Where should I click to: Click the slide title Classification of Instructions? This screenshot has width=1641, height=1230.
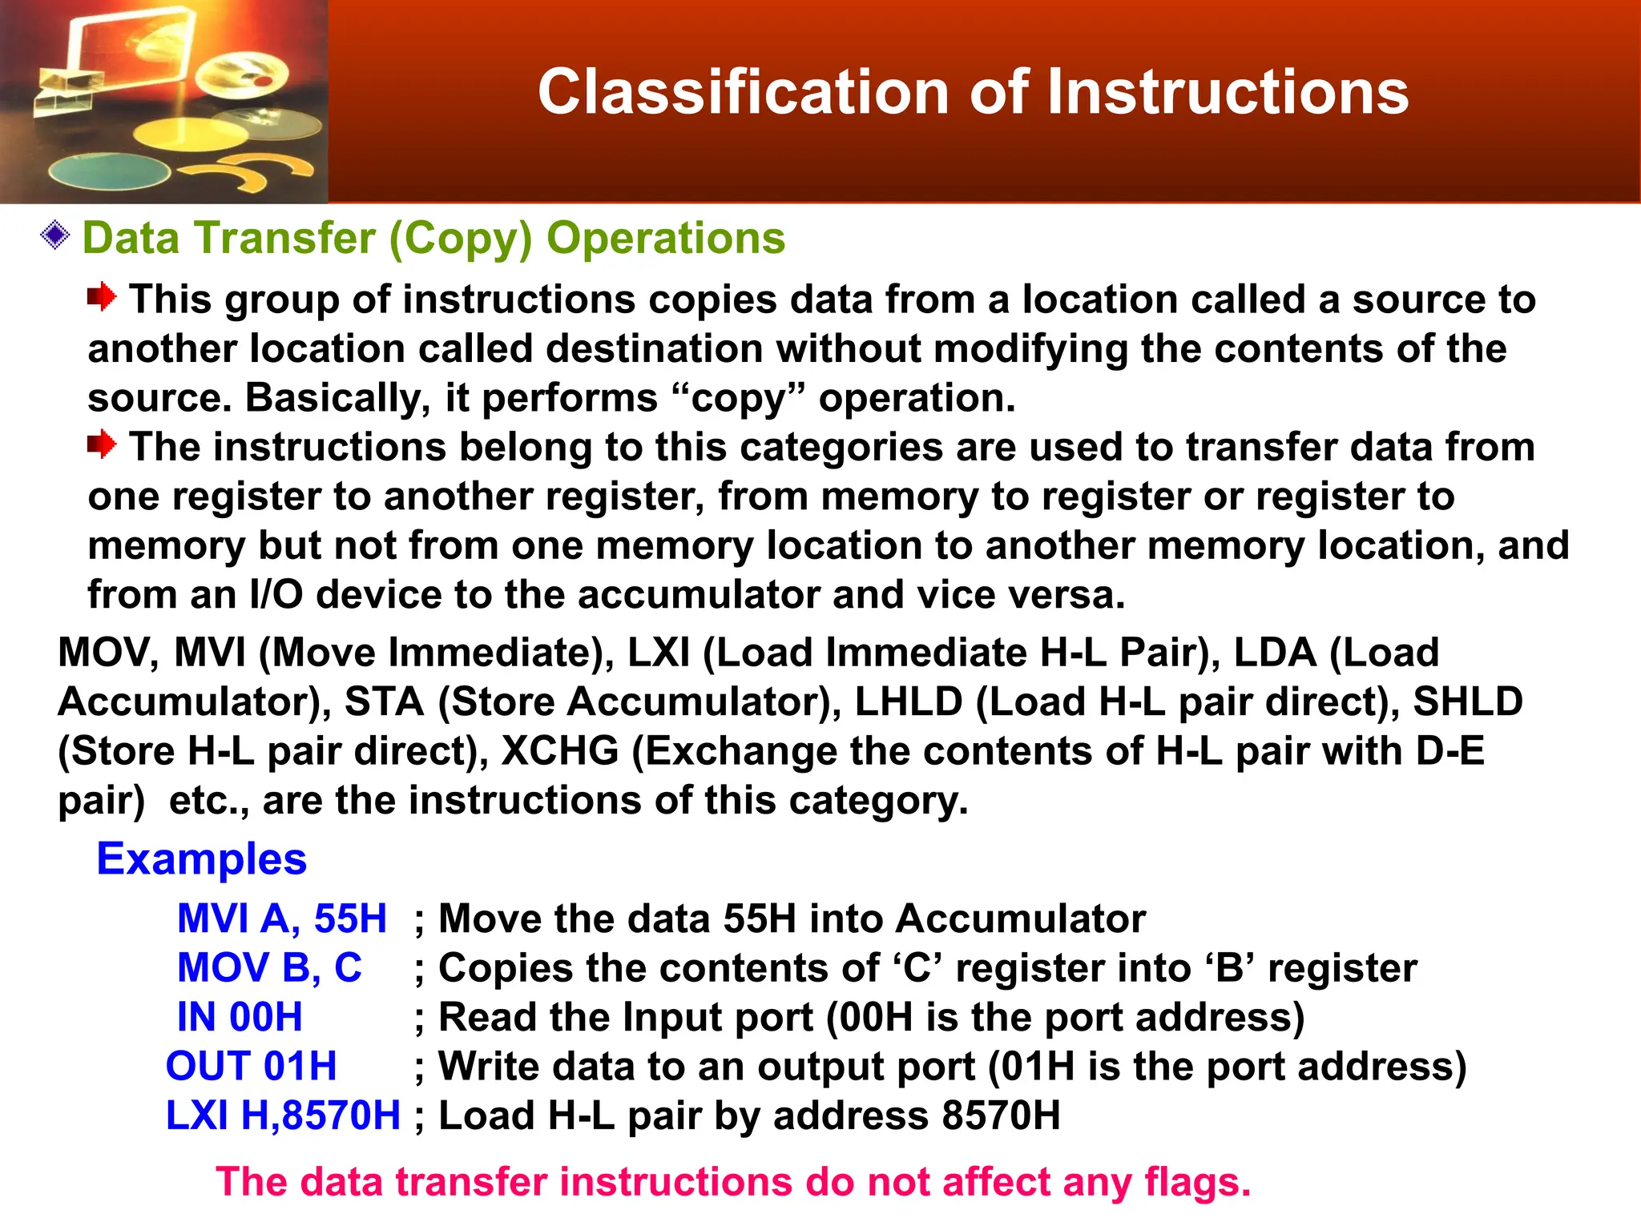[x=973, y=92]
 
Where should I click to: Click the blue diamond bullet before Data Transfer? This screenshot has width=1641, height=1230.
[x=55, y=235]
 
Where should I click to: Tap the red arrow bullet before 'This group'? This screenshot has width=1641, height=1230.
[x=102, y=297]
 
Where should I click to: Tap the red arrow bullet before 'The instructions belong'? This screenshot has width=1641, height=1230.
[x=102, y=444]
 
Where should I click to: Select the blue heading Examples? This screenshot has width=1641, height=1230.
[x=201, y=859]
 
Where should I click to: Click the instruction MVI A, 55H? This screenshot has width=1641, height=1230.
[x=281, y=918]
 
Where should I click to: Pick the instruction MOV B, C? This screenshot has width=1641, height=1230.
[x=269, y=968]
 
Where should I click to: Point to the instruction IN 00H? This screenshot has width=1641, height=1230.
[x=240, y=1018]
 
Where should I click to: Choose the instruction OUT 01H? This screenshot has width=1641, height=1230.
[x=251, y=1067]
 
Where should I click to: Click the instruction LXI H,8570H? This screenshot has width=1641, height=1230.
[x=282, y=1116]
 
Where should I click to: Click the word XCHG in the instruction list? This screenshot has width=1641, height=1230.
[x=560, y=751]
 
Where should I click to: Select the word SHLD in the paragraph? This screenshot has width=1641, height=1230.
[x=1467, y=702]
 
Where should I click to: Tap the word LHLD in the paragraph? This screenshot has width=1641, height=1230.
[x=909, y=702]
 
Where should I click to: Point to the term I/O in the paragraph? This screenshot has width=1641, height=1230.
[x=276, y=595]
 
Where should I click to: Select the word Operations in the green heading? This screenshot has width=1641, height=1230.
[x=666, y=239]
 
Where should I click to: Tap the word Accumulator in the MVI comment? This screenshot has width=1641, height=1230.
[x=1020, y=918]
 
